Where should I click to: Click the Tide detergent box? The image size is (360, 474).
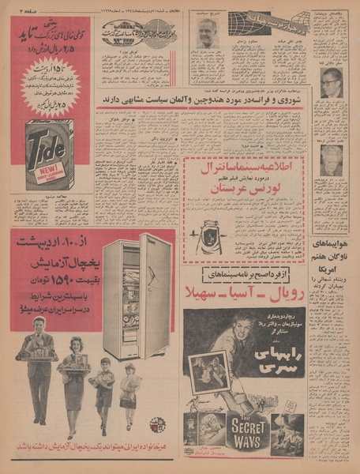pos(49,154)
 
